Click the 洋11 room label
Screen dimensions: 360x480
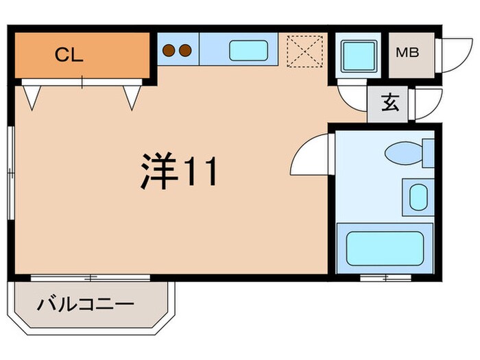[180, 171]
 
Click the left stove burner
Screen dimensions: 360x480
[169, 50]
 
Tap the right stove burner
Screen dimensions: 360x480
[185, 50]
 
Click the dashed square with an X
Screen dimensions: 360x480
[304, 51]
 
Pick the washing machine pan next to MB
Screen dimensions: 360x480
[358, 53]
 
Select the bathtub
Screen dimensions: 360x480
[385, 248]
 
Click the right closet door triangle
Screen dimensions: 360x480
[132, 95]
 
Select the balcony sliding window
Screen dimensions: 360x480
[91, 278]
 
